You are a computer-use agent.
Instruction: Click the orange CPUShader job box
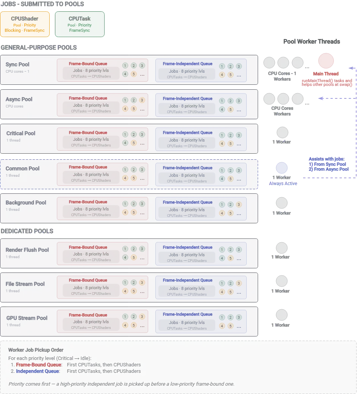tap(25, 24)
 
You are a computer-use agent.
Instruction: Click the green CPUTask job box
tap(80, 24)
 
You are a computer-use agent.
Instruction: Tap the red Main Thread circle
tap(326, 61)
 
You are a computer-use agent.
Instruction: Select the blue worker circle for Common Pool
tap(282, 168)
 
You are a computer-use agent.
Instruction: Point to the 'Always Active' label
tap(283, 184)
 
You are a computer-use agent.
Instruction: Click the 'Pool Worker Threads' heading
tap(311, 42)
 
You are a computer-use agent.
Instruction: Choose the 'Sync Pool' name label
tap(17, 64)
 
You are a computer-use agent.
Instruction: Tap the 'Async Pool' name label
tap(19, 99)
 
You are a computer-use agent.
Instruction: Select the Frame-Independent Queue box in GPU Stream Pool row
tap(201, 321)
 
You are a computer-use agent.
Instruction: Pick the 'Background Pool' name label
tap(26, 202)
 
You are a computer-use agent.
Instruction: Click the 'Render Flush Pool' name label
tap(27, 250)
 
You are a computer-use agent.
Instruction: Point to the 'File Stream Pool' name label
tap(25, 284)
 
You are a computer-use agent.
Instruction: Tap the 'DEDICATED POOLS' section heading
tap(27, 231)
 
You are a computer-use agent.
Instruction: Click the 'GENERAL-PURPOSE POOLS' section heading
tap(39, 48)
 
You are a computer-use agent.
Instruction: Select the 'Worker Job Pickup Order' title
tap(36, 350)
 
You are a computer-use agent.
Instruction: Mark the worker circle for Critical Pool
tap(282, 132)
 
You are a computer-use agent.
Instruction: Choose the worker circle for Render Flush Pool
tap(282, 248)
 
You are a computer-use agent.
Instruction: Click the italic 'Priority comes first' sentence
tap(121, 384)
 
